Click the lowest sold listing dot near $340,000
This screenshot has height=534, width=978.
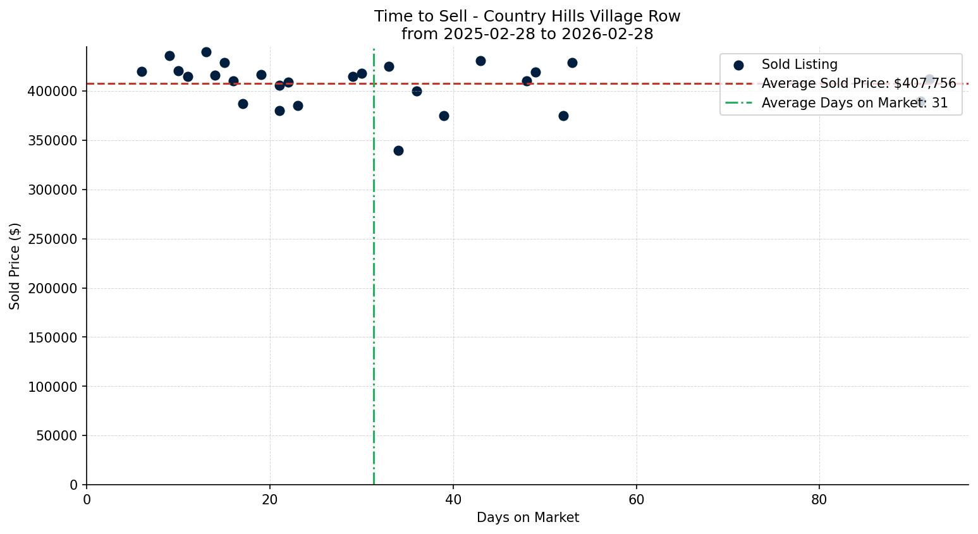tap(398, 150)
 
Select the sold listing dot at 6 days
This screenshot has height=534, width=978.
tap(142, 71)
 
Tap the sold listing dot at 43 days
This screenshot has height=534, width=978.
tap(480, 61)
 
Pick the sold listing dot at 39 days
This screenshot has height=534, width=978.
tap(444, 116)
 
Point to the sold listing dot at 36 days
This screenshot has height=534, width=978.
tap(417, 91)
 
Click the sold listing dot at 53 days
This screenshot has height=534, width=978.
tap(572, 63)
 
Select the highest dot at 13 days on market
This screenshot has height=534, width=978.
tap(206, 52)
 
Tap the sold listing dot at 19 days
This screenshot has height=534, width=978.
tap(261, 75)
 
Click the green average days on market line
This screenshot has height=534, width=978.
tap(374, 284)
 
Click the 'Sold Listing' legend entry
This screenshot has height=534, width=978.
tap(799, 64)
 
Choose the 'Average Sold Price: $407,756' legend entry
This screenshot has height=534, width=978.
tap(858, 83)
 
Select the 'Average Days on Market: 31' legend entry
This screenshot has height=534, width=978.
tap(854, 103)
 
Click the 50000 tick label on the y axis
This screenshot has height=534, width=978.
tap(56, 435)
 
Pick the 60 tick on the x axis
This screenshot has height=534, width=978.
tap(636, 499)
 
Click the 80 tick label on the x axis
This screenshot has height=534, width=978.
tap(819, 499)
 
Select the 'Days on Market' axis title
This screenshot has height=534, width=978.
tap(527, 518)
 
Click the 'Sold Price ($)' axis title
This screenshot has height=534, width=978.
tap(15, 265)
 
